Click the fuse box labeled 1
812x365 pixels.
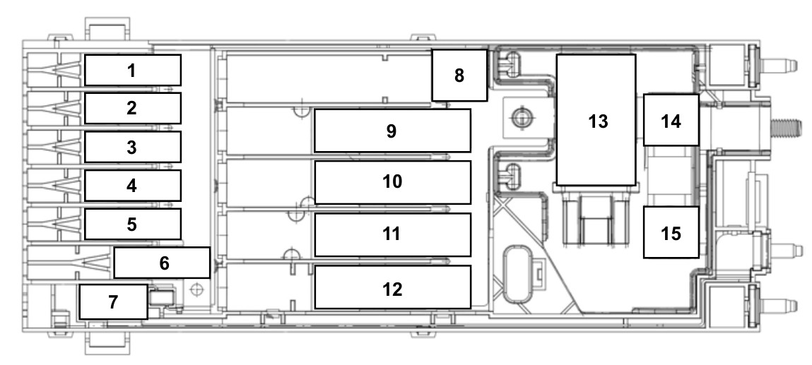133,70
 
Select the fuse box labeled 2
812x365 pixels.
133,108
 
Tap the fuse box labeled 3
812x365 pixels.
133,147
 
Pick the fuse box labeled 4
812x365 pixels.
133,185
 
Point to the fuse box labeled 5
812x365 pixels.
133,224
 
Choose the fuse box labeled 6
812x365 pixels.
162,263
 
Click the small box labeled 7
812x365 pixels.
113,301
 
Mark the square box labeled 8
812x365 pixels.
459,76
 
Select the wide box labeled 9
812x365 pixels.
392,131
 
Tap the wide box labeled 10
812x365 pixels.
392,182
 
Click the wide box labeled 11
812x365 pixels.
392,234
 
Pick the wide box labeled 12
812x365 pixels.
392,287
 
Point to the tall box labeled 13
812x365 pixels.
596,120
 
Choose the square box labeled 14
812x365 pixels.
671,120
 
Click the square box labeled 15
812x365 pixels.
671,232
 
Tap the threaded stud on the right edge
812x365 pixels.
789,126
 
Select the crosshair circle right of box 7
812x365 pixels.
196,289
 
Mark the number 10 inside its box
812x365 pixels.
392,182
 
